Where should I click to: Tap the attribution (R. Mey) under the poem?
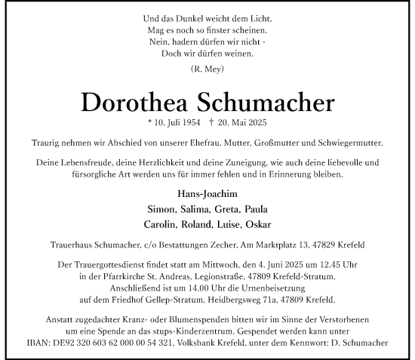coord(207,68)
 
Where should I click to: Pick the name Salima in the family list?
coord(189,209)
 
